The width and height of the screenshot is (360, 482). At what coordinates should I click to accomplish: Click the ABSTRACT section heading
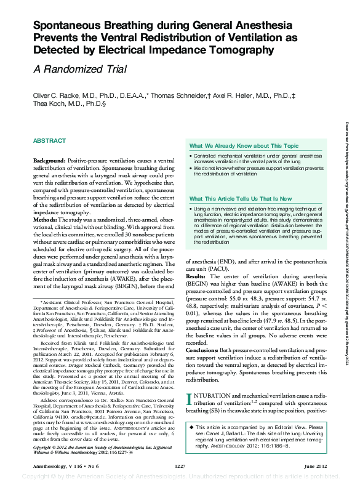pos(49,140)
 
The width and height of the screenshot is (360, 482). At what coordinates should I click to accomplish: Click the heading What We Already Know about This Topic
pos(244,146)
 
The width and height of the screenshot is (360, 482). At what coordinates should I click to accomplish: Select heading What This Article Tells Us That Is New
pos(241,199)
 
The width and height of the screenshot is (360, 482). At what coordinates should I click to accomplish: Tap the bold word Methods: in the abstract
pos(46,219)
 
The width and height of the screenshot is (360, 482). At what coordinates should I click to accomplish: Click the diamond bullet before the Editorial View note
pos(191,427)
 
